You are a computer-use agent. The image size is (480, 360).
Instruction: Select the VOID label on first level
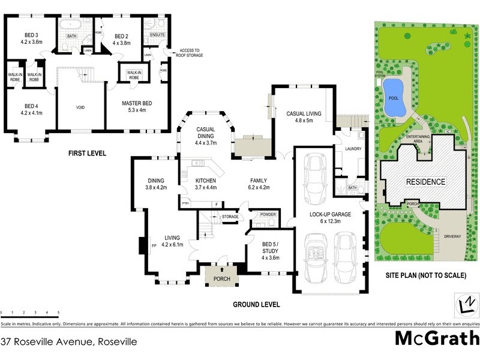(80, 108)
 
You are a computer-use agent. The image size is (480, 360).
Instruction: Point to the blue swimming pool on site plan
(394, 97)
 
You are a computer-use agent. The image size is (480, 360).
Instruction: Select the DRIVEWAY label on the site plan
(452, 236)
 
